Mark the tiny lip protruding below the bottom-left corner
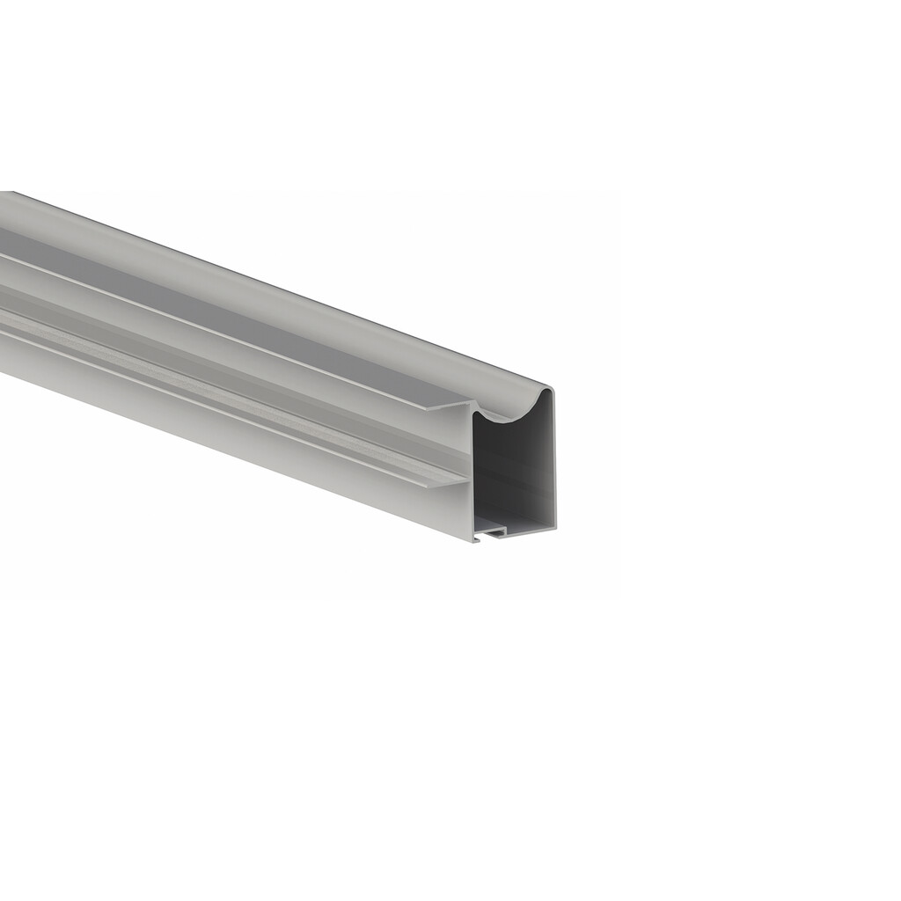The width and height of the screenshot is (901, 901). pyautogui.click(x=476, y=539)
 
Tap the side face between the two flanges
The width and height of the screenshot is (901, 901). pyautogui.click(x=264, y=370)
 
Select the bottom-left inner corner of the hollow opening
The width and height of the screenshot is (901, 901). pyautogui.click(x=476, y=531)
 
